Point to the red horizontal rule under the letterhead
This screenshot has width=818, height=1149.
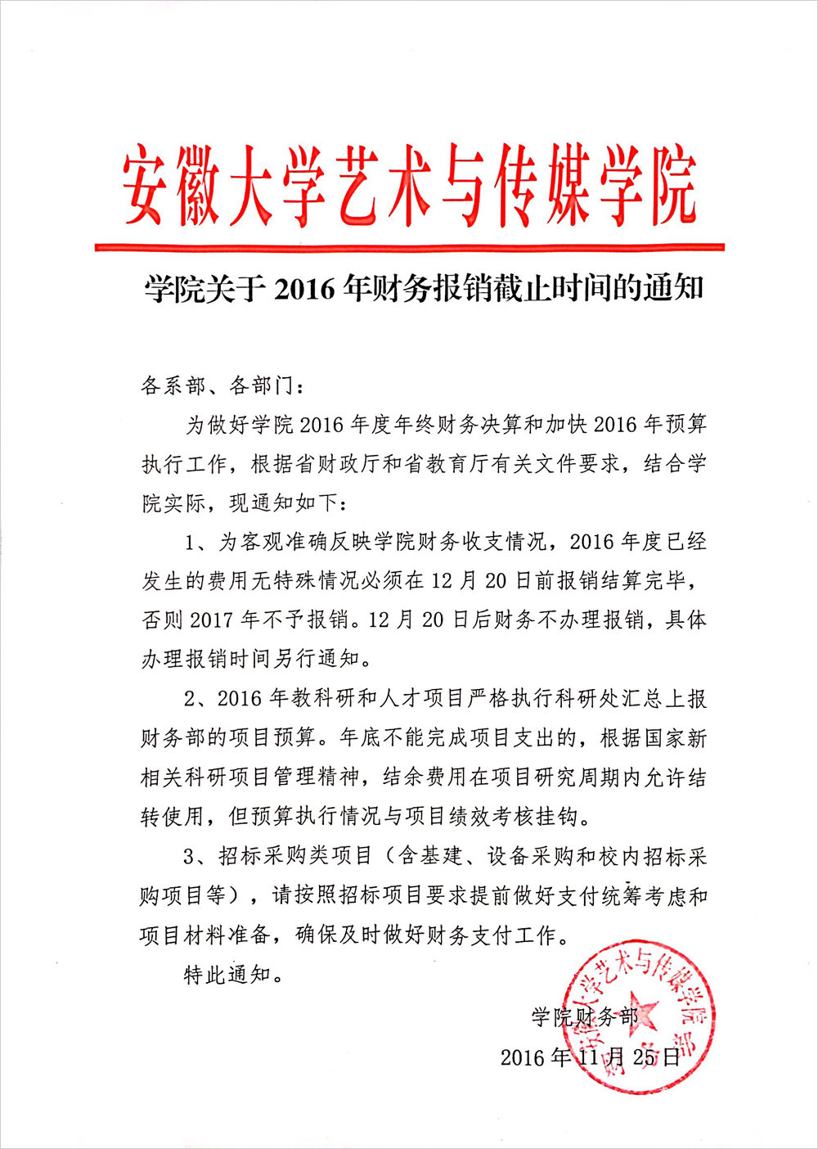pos(409,246)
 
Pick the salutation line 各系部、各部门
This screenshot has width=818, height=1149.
pos(222,385)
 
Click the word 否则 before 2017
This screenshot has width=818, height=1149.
pos(163,620)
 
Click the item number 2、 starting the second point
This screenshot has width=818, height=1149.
pos(196,698)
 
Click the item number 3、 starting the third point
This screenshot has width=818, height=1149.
pos(196,856)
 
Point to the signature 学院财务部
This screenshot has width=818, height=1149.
pos(584,1017)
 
